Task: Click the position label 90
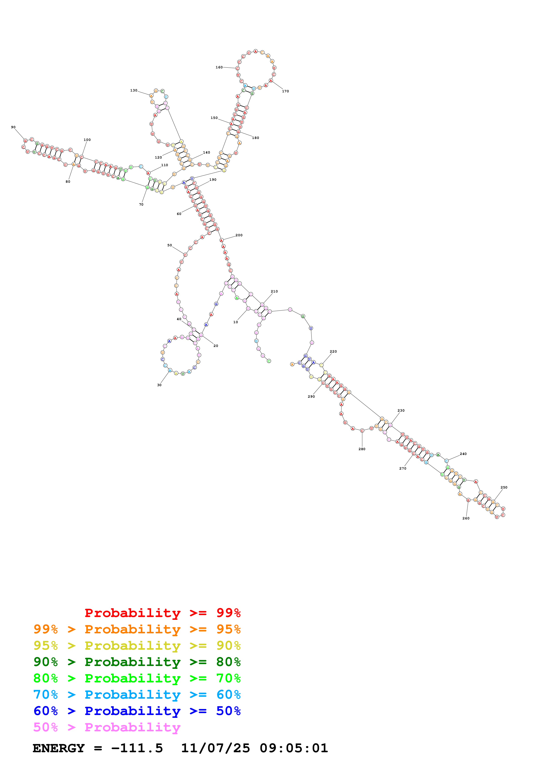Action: coord(13,127)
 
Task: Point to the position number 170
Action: coord(286,91)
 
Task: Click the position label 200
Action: coord(239,235)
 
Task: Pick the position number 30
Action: coord(159,385)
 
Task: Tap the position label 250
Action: coord(504,487)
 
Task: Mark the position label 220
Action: coord(333,351)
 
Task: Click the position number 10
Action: coord(235,322)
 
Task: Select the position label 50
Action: coord(170,245)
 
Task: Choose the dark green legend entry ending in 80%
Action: coord(137,662)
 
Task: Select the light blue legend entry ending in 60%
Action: coord(137,695)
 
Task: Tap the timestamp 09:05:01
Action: coord(294,748)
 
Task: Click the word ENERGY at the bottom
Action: coord(59,748)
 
